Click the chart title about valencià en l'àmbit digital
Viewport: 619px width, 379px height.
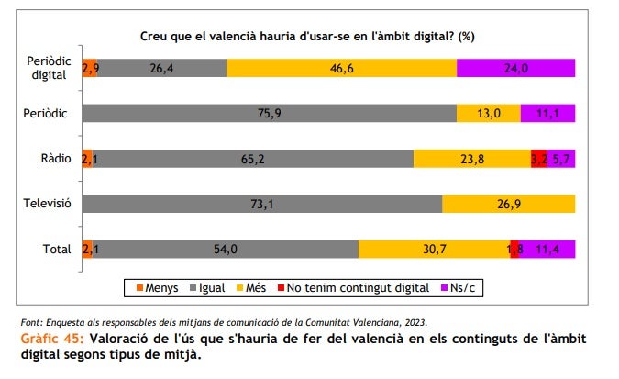306,36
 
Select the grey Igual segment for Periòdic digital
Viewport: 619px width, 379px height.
162,68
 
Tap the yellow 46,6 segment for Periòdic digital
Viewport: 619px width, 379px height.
341,68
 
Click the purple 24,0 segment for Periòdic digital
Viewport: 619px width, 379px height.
515,68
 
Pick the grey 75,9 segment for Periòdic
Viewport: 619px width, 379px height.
269,113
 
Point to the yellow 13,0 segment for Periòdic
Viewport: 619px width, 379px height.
489,113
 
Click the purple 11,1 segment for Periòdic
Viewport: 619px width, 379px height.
547,113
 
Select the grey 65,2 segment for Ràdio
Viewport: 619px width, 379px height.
252,158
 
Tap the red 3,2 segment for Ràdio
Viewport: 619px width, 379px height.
538,158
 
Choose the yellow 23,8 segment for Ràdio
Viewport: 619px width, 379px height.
471,158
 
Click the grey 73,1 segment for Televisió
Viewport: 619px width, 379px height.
261,203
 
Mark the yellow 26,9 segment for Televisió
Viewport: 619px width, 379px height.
509,203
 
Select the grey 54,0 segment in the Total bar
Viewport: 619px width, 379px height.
225,249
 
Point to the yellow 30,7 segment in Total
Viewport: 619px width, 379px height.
434,249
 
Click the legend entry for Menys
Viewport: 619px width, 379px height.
156,288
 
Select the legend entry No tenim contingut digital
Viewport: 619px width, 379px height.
351,288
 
